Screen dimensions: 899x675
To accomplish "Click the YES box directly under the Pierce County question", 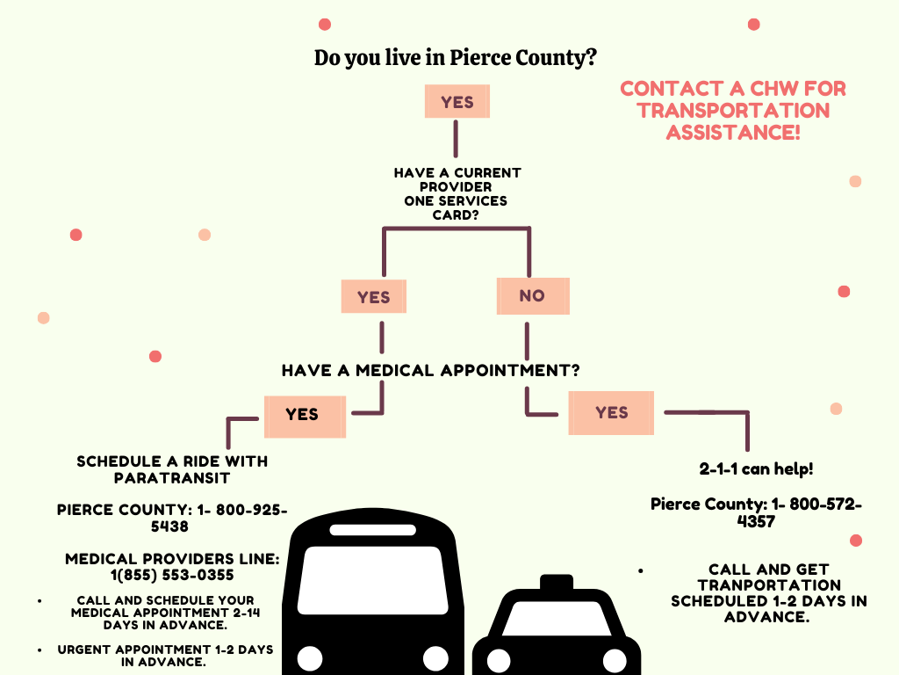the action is (x=457, y=102).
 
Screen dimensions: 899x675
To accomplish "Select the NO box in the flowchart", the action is (x=533, y=296).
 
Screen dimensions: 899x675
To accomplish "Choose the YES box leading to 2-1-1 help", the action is (x=611, y=413).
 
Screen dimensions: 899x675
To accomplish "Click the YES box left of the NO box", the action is (x=374, y=297).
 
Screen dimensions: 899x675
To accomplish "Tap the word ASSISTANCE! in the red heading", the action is (x=733, y=133).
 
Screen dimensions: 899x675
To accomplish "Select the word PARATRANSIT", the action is (x=172, y=478).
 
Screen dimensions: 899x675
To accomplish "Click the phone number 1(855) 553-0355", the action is (x=172, y=575).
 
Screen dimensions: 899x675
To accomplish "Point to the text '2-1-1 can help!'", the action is (x=756, y=469).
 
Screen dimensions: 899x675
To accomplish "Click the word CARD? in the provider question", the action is (x=456, y=215).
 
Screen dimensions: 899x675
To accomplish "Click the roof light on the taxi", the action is (x=557, y=582).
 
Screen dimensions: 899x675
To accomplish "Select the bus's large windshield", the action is (x=373, y=580).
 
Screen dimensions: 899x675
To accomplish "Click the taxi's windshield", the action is (x=556, y=618).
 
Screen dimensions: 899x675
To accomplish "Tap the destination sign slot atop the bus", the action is (x=373, y=530).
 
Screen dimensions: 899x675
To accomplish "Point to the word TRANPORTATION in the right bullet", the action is (x=769, y=585).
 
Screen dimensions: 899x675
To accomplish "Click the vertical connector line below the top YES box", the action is (x=456, y=138).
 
